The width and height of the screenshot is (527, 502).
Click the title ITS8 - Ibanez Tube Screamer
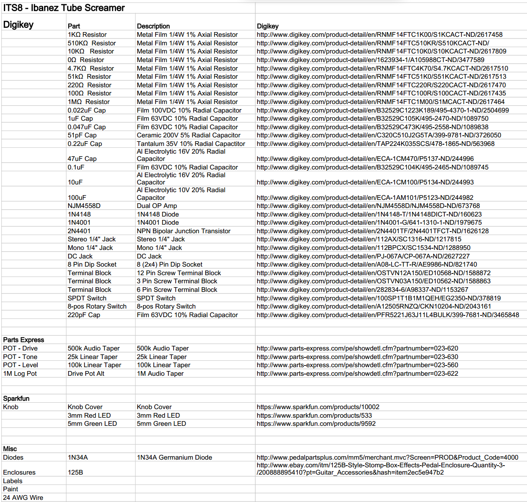pos(64,8)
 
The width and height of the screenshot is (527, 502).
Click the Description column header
pos(153,26)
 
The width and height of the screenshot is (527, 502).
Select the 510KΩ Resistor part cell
pos(91,43)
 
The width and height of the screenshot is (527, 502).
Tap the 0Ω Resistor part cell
pos(86,60)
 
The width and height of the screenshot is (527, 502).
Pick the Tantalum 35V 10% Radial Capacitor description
pos(191,144)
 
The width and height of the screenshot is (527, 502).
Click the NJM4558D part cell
pos(84,206)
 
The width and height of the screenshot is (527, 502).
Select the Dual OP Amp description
pos(157,206)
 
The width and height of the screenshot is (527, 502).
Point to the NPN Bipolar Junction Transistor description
pos(183,231)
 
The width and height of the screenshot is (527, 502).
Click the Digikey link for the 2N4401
pos(372,231)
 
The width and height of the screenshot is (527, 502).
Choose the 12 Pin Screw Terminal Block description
pos(179,273)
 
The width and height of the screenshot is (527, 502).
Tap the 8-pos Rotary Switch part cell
pos(97,306)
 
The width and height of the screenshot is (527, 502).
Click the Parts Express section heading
pos(24,340)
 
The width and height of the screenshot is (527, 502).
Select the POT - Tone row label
pos(20,357)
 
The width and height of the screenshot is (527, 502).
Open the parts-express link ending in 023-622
pos(357,374)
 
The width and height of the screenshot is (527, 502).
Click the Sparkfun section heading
pos(16,398)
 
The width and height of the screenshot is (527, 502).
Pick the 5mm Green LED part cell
pos(92,424)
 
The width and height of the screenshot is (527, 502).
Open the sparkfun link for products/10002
pos(318,407)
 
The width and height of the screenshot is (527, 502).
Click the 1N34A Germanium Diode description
pos(174,457)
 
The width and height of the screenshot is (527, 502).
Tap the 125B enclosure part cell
pos(75,472)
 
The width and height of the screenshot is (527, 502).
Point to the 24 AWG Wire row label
pos(23,498)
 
